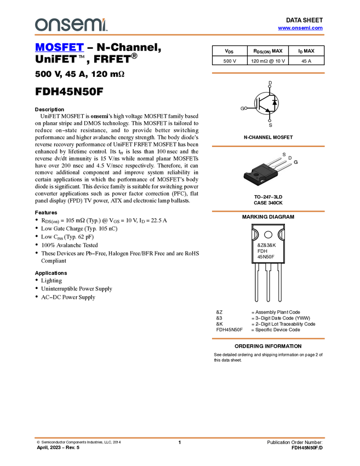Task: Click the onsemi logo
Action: click(71, 25)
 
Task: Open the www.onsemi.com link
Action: click(300, 28)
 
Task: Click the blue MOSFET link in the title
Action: click(59, 47)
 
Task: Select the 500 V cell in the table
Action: click(230, 61)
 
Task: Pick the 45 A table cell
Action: click(306, 61)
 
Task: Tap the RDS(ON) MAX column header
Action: click(268, 51)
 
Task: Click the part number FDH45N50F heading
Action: click(69, 92)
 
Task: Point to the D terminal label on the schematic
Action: click(270, 83)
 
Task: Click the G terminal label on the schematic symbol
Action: click(242, 109)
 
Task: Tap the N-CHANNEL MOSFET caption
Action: click(268, 137)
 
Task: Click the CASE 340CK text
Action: click(268, 203)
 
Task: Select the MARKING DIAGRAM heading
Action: click(268, 217)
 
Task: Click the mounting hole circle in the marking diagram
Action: click(268, 235)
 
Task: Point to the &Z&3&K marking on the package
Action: click(266, 245)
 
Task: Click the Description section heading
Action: click(50, 109)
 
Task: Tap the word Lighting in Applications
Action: click(52, 281)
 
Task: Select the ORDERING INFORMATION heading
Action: click(268, 346)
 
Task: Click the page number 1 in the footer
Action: click(180, 442)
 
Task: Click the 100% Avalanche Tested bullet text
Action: click(70, 245)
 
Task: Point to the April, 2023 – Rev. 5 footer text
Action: click(58, 447)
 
